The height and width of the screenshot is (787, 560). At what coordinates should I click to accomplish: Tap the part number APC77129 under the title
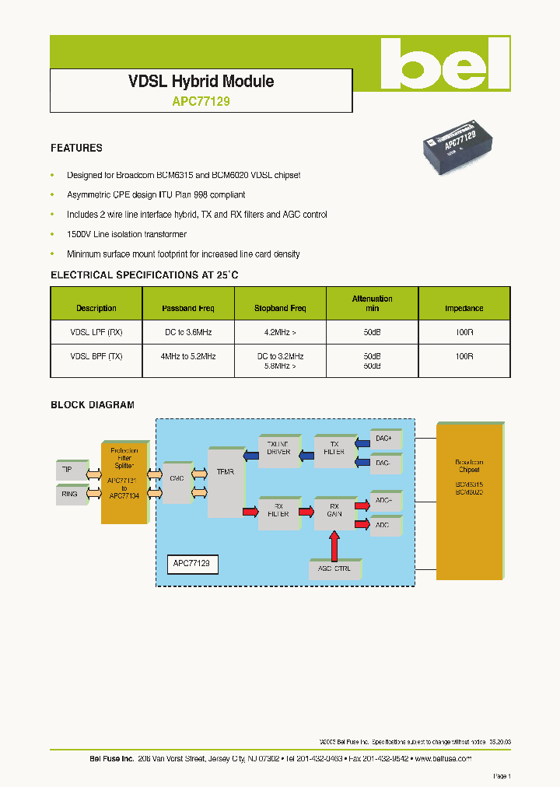pyautogui.click(x=201, y=101)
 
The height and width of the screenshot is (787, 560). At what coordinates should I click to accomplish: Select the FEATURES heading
pyautogui.click(x=76, y=148)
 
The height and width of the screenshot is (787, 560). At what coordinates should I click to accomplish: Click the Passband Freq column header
pyautogui.click(x=187, y=309)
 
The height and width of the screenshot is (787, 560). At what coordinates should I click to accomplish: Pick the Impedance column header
pyautogui.click(x=464, y=309)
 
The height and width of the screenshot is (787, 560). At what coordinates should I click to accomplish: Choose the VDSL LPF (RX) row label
pyautogui.click(x=96, y=332)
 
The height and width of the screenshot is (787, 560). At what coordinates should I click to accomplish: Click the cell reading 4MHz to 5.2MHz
pyautogui.click(x=187, y=356)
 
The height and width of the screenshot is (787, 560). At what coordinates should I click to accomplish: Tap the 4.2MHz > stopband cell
pyautogui.click(x=280, y=332)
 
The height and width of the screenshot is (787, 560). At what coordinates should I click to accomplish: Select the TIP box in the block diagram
pyautogui.click(x=69, y=470)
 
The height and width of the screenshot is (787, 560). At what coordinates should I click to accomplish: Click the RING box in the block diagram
pyautogui.click(x=69, y=494)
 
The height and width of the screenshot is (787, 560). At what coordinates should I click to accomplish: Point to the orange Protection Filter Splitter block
pyautogui.click(x=124, y=482)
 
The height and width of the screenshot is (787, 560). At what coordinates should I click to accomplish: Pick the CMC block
pyautogui.click(x=177, y=480)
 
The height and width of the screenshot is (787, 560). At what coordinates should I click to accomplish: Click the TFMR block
pyautogui.click(x=226, y=482)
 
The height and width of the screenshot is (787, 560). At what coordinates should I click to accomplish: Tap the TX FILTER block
pyautogui.click(x=334, y=451)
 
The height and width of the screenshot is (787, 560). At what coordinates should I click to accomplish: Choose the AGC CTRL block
pyautogui.click(x=334, y=568)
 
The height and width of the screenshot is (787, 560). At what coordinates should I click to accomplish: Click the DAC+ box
pyautogui.click(x=384, y=439)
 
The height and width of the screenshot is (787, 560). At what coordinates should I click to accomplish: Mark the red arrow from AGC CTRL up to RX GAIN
pyautogui.click(x=334, y=544)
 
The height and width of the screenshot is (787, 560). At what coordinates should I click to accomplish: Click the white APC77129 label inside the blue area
pyautogui.click(x=193, y=563)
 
